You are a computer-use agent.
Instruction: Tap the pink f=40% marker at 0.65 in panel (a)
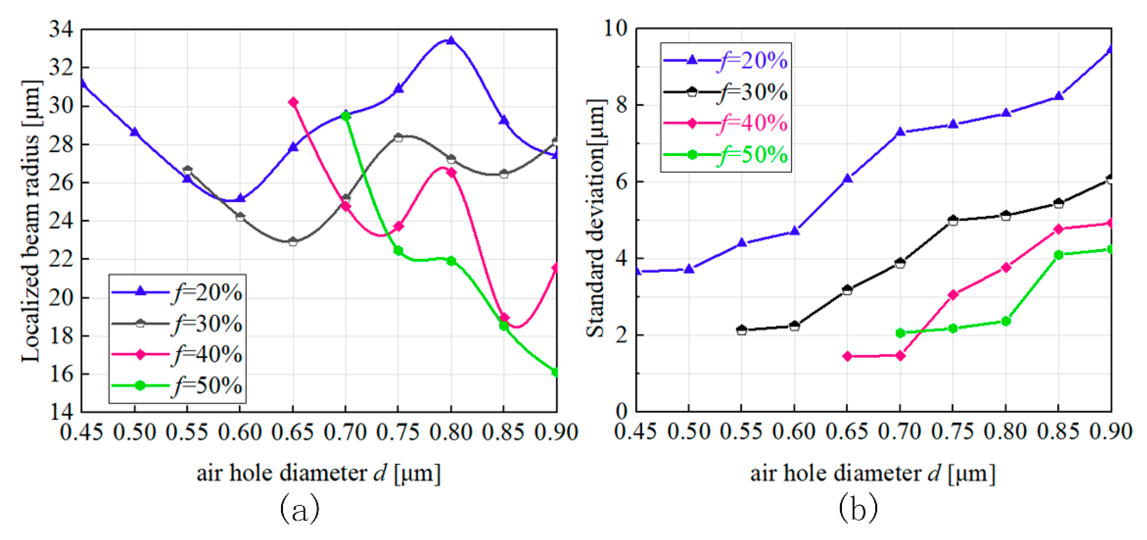click(x=293, y=102)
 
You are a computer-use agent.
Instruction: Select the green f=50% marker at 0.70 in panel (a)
click(x=346, y=116)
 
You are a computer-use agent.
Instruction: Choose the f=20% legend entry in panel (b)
click(x=726, y=60)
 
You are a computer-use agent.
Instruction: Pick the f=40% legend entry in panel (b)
click(x=726, y=123)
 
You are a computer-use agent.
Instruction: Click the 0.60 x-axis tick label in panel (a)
click(x=240, y=433)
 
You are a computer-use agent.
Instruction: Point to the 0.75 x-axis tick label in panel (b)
click(x=952, y=433)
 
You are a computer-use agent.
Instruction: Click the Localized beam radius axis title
click(x=31, y=221)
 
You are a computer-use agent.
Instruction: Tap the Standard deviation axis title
click(x=596, y=218)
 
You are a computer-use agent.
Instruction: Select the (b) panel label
click(x=859, y=509)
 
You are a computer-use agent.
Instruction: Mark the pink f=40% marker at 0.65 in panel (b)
click(x=847, y=356)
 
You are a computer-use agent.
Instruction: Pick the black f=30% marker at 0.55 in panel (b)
click(x=741, y=330)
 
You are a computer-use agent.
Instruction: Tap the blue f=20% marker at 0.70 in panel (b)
click(x=900, y=132)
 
